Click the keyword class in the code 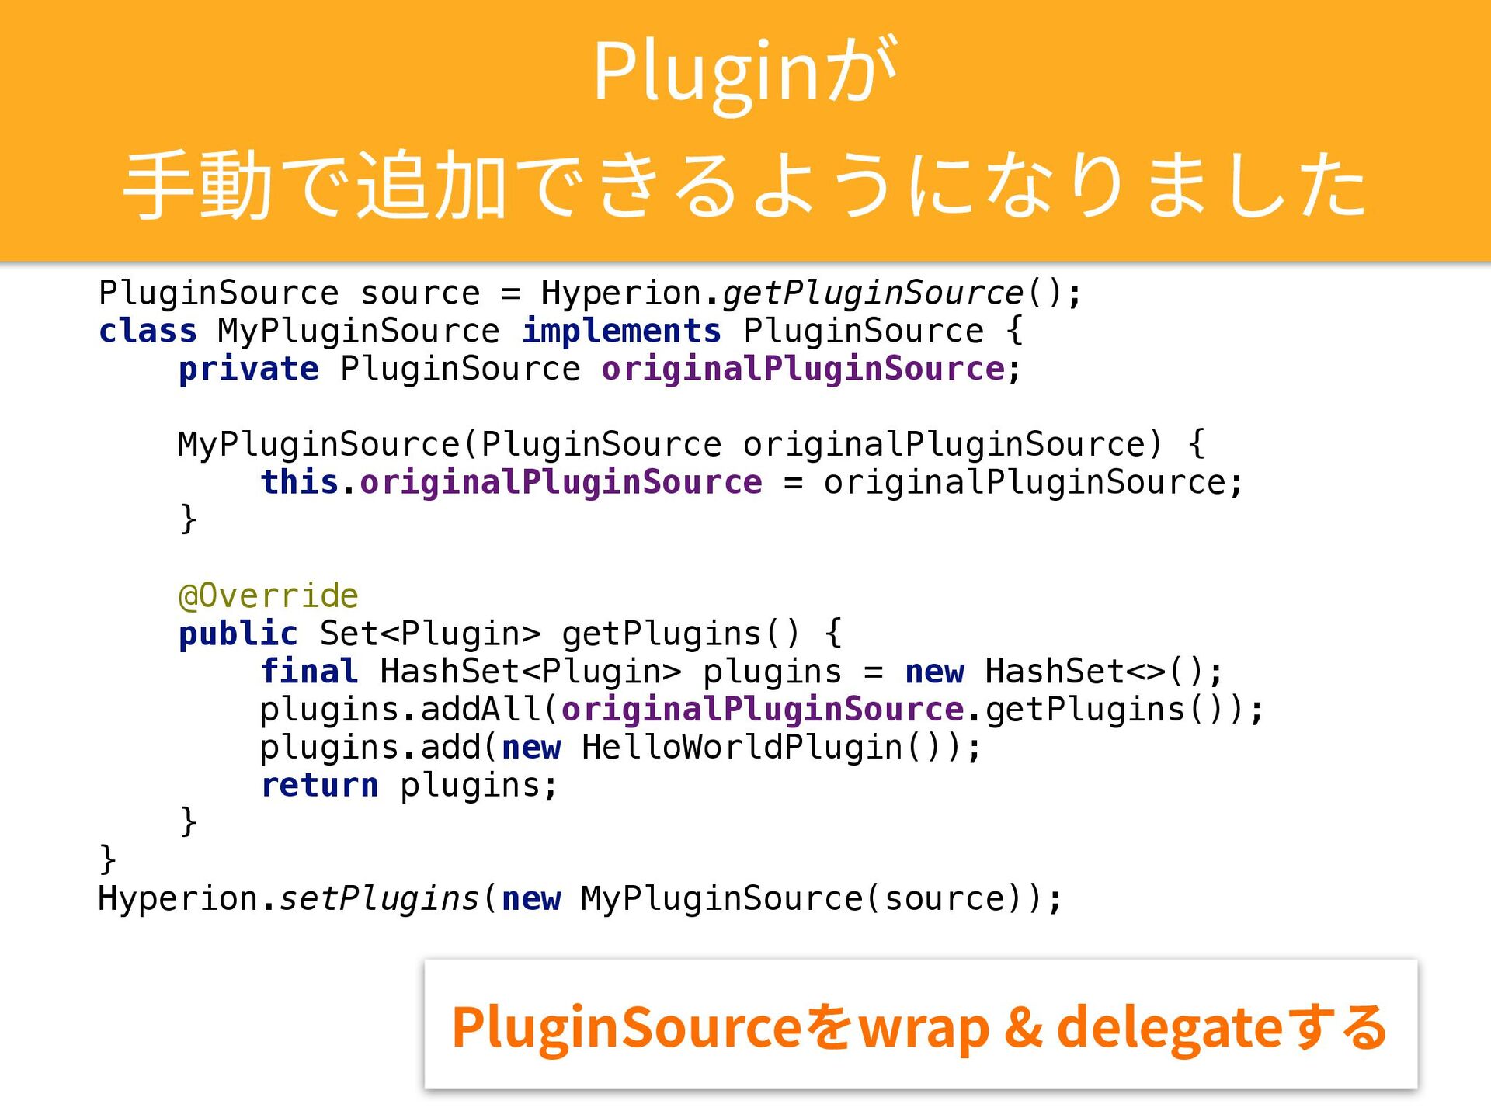pyautogui.click(x=148, y=332)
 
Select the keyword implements pyautogui.click(x=621, y=332)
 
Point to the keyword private pyautogui.click(x=248, y=370)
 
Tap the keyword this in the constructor pyautogui.click(x=300, y=483)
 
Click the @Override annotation pyautogui.click(x=269, y=596)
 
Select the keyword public pyautogui.click(x=238, y=634)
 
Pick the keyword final pyautogui.click(x=309, y=672)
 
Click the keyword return pyautogui.click(x=319, y=786)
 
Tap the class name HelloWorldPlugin pyautogui.click(x=742, y=748)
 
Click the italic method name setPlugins pyautogui.click(x=379, y=899)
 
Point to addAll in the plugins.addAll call pyautogui.click(x=481, y=710)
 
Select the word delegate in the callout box pyautogui.click(x=1169, y=1027)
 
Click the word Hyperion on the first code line pyautogui.click(x=621, y=293)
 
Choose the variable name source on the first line pyautogui.click(x=420, y=293)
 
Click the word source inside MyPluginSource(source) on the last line pyautogui.click(x=944, y=899)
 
